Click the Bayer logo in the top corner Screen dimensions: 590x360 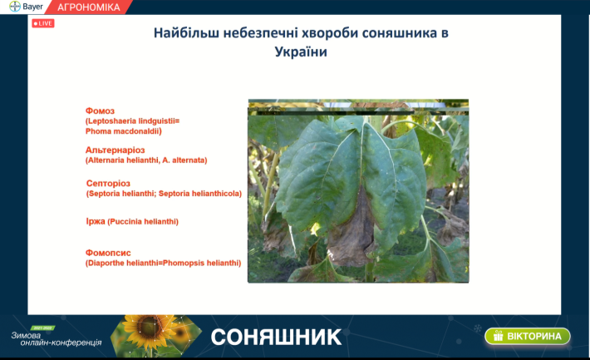click(x=15, y=7)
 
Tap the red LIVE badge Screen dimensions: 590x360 click(x=43, y=23)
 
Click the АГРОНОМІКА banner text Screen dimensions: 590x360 click(x=89, y=7)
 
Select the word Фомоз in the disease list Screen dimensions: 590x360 click(x=100, y=111)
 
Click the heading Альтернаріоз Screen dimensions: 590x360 click(x=116, y=150)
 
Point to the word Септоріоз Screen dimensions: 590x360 click(x=108, y=184)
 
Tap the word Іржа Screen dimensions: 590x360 click(x=96, y=221)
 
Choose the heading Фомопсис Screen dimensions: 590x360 click(x=108, y=253)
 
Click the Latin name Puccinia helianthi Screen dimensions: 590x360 click(x=143, y=222)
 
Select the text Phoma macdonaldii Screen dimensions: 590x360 click(x=124, y=131)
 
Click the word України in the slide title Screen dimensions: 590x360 click(x=301, y=52)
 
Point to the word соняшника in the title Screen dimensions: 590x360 click(x=398, y=33)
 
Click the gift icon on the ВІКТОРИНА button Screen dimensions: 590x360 click(x=499, y=336)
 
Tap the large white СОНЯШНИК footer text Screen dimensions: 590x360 click(x=276, y=337)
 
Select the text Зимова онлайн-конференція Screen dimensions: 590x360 click(x=57, y=339)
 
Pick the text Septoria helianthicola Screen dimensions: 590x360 click(x=199, y=194)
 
